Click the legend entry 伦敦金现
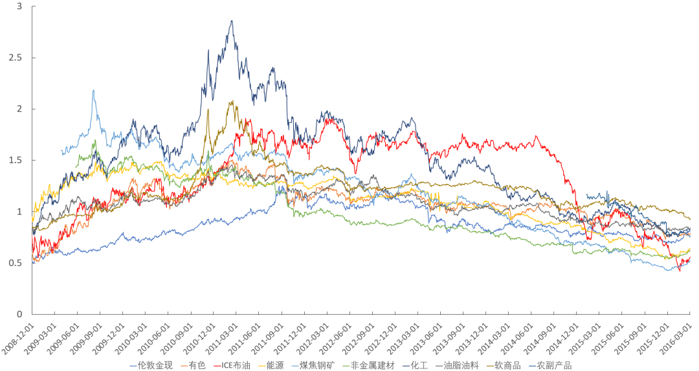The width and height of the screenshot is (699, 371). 155,366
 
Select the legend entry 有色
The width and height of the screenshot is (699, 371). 197,366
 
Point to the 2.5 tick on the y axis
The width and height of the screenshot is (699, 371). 16,58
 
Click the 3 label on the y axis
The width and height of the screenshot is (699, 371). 19,6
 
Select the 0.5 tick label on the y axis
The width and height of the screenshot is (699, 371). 16,263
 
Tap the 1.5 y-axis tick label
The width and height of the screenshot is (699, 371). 16,160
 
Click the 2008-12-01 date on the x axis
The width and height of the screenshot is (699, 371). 18,335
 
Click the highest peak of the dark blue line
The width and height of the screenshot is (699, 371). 232,21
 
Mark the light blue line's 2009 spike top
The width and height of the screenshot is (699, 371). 94,91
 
